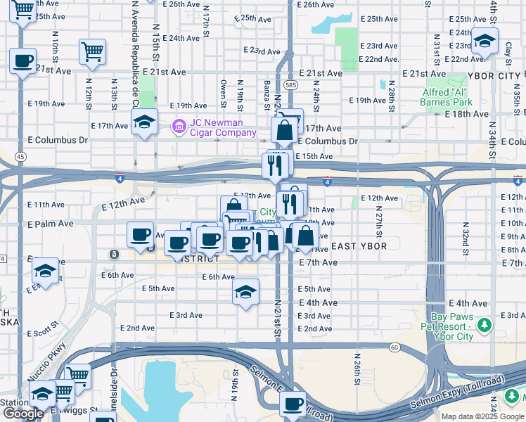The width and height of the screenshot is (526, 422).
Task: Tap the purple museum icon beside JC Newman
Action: click(179, 127)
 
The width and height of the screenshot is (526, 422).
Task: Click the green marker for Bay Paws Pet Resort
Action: click(484, 326)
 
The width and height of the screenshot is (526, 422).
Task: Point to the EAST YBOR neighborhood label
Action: click(357, 245)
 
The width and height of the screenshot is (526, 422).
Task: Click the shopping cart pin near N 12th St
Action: click(92, 51)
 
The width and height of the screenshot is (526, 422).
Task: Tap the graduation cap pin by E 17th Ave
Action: click(144, 122)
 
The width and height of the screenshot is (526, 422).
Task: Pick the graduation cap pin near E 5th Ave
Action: click(245, 292)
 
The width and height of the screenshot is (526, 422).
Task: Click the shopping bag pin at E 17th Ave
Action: click(285, 130)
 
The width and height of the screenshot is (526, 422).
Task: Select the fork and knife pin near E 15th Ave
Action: click(275, 165)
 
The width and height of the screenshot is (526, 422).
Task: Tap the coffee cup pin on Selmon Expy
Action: click(293, 404)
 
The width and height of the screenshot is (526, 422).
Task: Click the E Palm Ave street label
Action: click(51, 224)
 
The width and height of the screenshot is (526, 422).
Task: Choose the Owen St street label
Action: click(223, 89)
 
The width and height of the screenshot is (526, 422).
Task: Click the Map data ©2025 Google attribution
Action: click(482, 416)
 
